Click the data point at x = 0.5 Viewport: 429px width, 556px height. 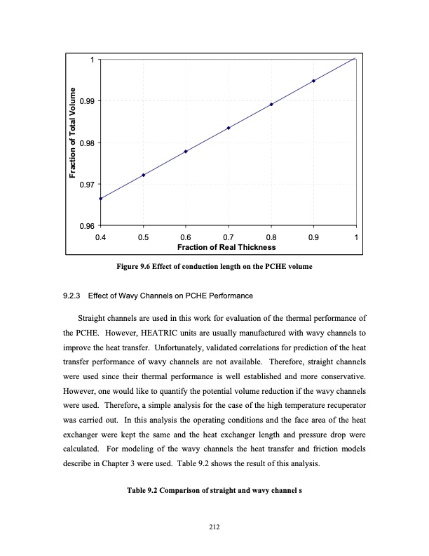click(143, 175)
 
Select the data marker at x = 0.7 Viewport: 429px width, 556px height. click(229, 128)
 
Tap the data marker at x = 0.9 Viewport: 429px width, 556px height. click(313, 81)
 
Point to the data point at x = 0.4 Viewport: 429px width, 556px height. click(101, 199)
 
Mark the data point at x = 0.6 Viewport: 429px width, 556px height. click(186, 152)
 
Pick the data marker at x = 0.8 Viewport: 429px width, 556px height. click(271, 105)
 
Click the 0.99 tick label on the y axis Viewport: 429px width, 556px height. click(87, 101)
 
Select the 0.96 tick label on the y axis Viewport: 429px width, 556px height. click(87, 226)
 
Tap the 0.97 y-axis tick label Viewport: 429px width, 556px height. click(87, 185)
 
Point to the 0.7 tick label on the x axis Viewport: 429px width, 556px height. click(229, 237)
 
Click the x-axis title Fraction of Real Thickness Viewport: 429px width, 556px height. click(229, 247)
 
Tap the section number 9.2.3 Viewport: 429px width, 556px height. click(74, 295)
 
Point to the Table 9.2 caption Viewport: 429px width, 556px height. click(214, 490)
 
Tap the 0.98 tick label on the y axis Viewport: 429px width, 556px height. click(87, 143)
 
